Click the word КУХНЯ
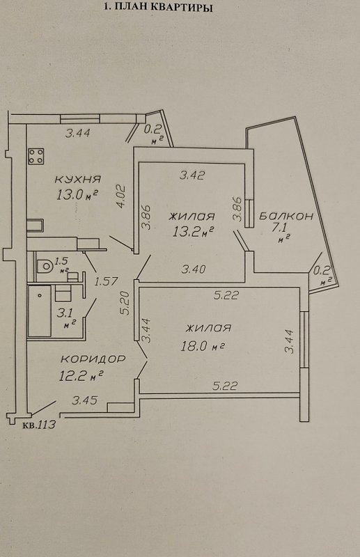[x=78, y=179]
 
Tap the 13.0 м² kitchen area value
[x=77, y=194]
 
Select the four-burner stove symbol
[x=36, y=157]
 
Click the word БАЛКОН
[x=286, y=216]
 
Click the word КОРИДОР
[x=93, y=359]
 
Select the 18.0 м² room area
[x=202, y=345]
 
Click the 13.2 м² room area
[x=193, y=232]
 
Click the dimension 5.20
[x=125, y=304]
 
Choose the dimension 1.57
[x=106, y=282]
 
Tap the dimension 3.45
[x=84, y=401]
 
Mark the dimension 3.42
[x=192, y=175]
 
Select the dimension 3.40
[x=194, y=269]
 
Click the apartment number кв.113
[x=39, y=425]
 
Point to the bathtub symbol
[x=40, y=311]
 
